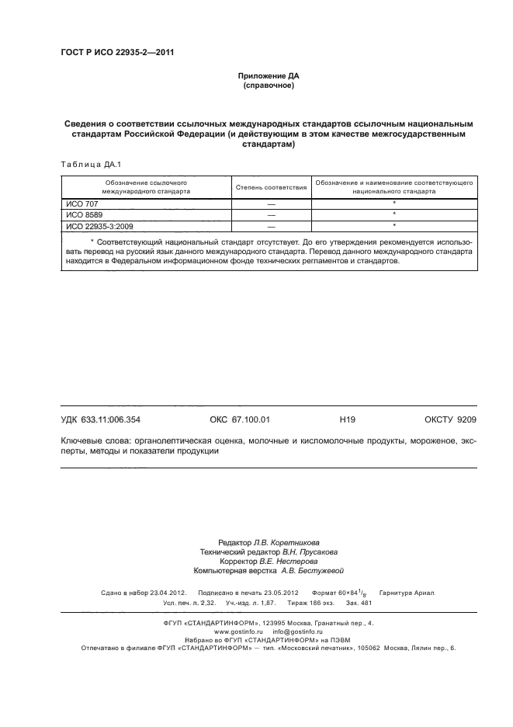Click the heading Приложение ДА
[268, 76]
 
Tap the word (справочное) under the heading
[268, 85]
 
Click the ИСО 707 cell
[78, 203]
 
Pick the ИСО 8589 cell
[81, 214]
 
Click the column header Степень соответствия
[271, 188]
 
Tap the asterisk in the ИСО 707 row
[394, 203]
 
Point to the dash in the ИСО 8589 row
[271, 214]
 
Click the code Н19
[347, 420]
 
